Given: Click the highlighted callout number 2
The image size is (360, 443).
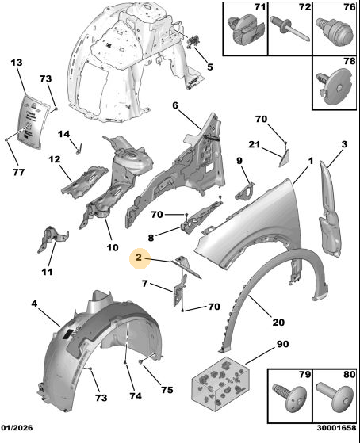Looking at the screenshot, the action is (139, 258).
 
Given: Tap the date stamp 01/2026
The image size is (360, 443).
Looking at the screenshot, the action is (17, 428).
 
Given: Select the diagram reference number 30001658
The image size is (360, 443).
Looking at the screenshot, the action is (336, 428).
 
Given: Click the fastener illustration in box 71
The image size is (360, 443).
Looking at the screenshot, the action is (246, 31).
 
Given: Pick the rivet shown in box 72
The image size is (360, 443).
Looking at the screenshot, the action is (290, 29).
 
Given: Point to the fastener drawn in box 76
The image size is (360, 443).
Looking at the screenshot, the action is (335, 31).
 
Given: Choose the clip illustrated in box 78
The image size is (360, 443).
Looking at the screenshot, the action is (335, 86).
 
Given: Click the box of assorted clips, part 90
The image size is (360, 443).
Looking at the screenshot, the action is (220, 383).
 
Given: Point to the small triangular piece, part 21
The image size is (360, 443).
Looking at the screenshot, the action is (284, 158).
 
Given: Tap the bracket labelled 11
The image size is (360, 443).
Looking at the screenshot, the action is (52, 239).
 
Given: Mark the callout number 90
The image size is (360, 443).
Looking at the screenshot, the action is (282, 344).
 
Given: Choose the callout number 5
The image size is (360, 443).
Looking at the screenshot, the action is (209, 67).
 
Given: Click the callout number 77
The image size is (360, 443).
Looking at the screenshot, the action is (19, 171).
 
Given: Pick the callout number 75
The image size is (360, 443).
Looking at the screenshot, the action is (167, 390).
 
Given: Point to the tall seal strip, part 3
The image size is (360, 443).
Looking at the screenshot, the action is (330, 209).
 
